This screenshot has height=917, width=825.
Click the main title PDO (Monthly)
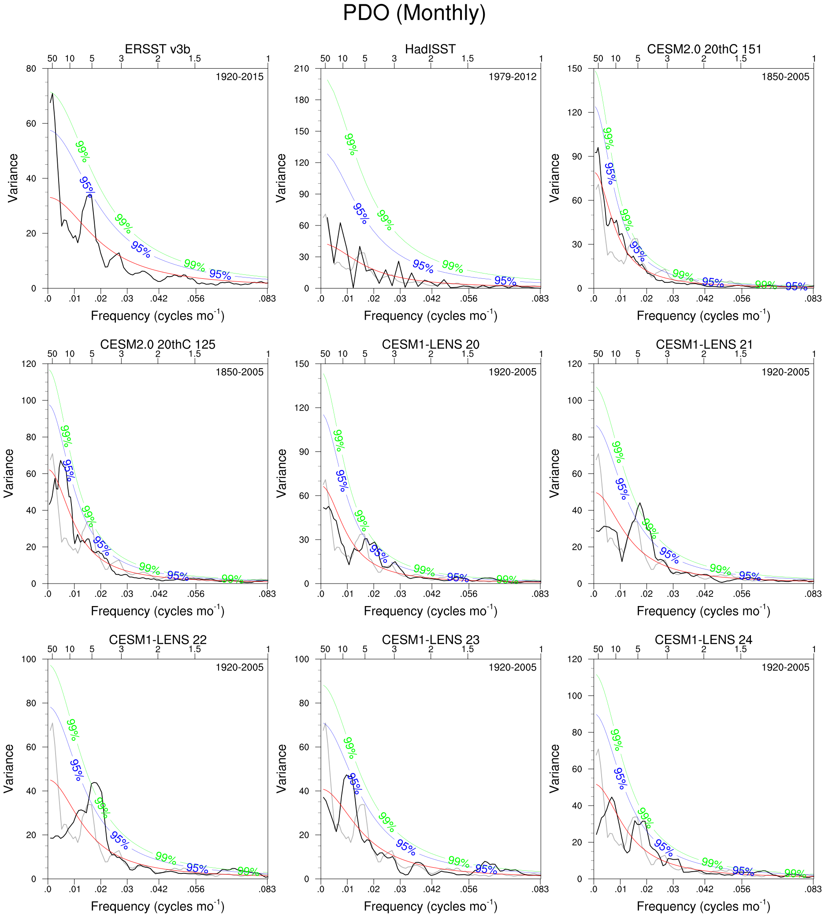tap(414, 13)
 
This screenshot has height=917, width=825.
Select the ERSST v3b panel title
tap(157, 49)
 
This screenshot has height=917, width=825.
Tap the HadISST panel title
tap(430, 49)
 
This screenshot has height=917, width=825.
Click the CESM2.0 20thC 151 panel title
tap(704, 49)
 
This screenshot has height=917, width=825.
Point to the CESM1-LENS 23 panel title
tap(430, 640)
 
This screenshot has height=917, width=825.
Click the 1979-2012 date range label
tap(512, 77)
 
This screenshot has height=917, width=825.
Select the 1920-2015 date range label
tap(239, 77)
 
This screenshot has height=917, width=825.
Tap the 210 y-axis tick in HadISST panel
tap(301, 69)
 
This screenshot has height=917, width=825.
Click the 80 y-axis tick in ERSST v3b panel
tap(31, 69)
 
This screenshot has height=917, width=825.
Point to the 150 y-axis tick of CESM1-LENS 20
tap(301, 364)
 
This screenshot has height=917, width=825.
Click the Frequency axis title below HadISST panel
tap(430, 316)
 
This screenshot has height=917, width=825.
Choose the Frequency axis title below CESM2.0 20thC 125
tap(157, 611)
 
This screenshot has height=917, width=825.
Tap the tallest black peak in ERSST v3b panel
tap(52, 93)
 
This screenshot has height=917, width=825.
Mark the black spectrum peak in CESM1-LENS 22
tap(94, 782)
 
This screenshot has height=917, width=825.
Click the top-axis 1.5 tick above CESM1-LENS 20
tap(468, 354)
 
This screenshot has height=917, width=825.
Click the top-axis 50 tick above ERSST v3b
tap(52, 59)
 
